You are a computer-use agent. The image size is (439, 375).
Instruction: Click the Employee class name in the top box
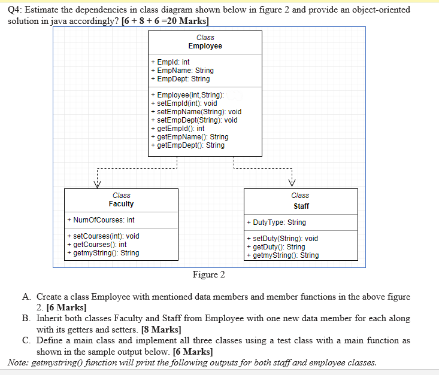point(205,46)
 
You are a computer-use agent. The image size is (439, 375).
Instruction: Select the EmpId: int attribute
point(171,62)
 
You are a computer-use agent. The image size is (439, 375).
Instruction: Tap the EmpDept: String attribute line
point(180,78)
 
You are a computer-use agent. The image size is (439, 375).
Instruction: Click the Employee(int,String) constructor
point(187,95)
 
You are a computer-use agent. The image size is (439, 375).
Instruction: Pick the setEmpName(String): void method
point(196,111)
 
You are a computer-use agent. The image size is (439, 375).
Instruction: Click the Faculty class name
point(121,204)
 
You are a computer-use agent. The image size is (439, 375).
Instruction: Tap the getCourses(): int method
point(97,245)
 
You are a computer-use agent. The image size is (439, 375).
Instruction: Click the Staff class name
point(301,206)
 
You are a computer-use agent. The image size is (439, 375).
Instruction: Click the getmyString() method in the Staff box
point(282,255)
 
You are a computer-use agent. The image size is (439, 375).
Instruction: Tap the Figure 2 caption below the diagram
point(208,275)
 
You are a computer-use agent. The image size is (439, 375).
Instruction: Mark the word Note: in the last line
point(19,362)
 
